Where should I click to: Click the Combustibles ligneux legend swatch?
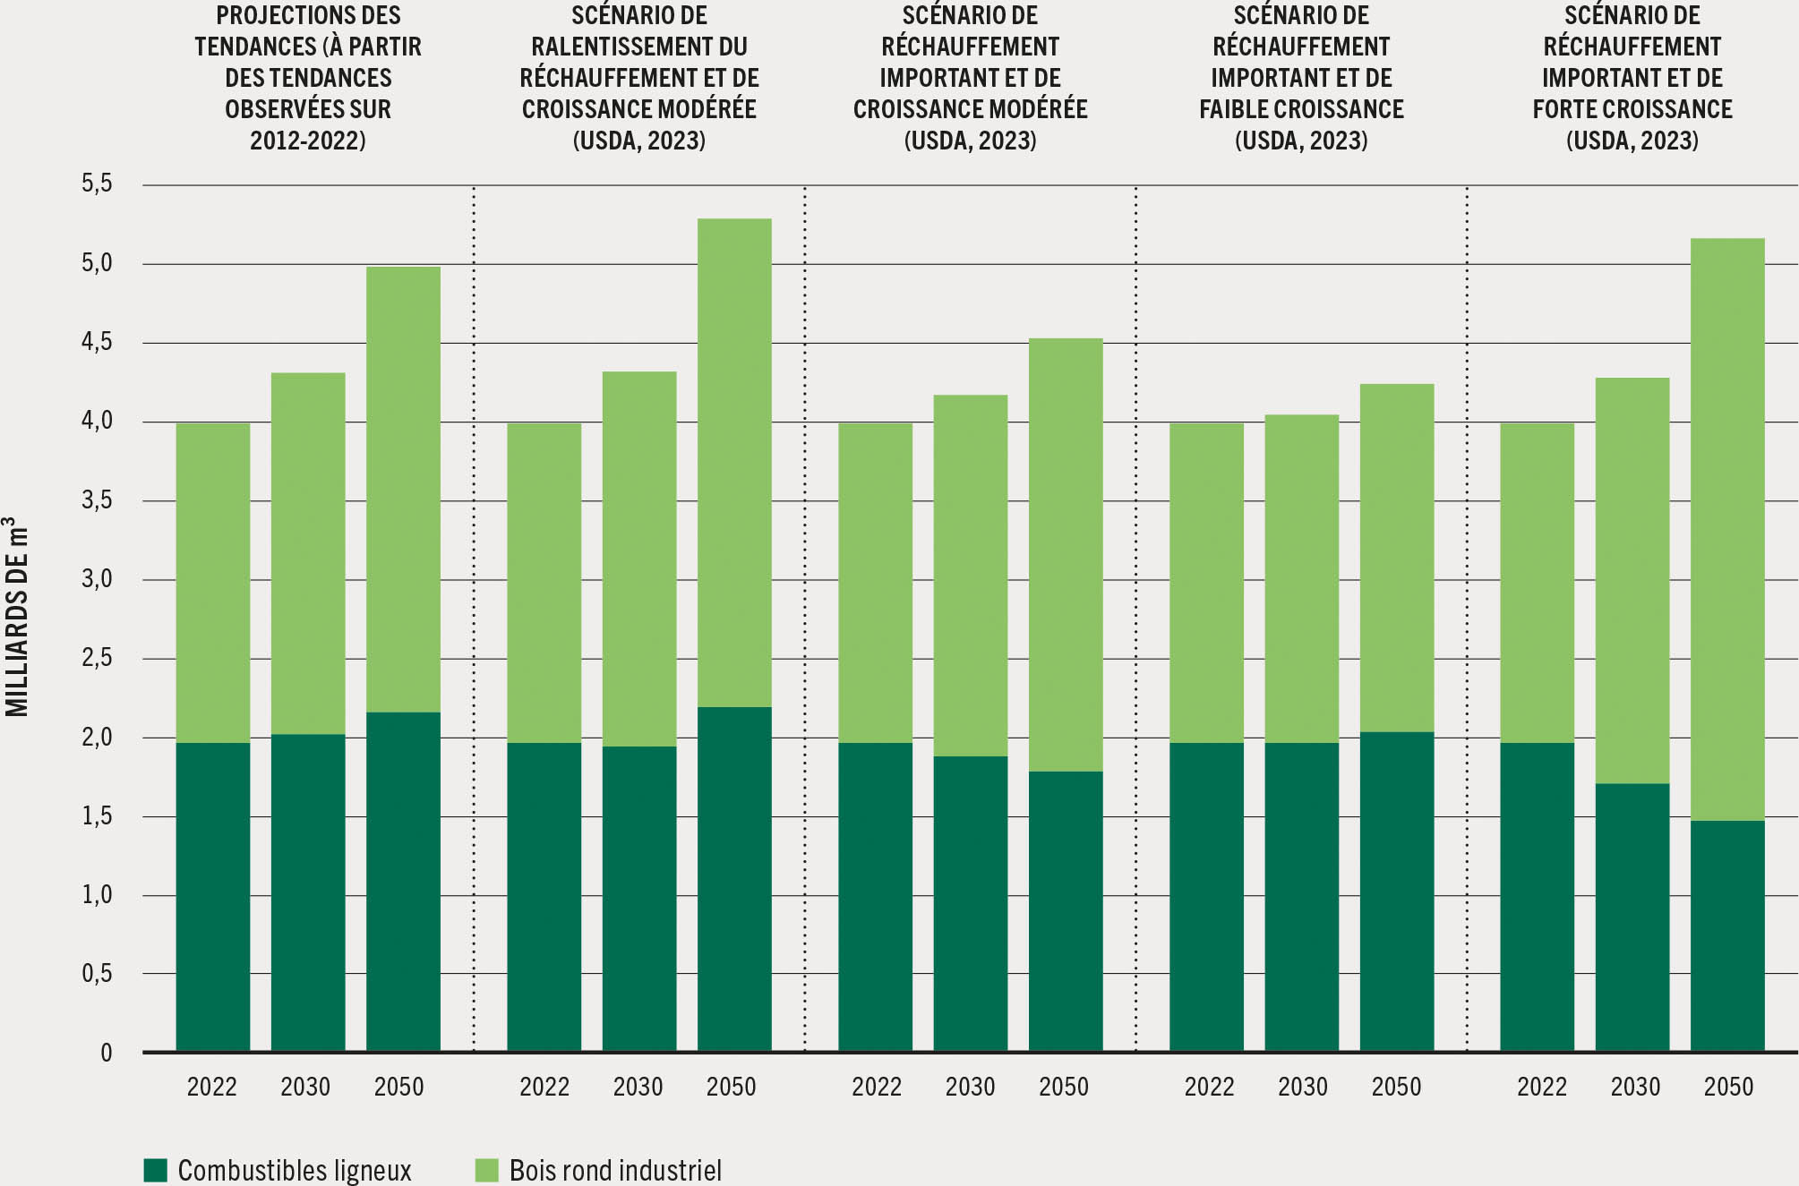click(156, 1170)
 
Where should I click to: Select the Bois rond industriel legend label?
click(615, 1170)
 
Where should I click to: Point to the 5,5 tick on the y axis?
click(98, 183)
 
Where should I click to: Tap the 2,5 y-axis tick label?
click(98, 658)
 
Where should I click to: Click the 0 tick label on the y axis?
click(107, 1053)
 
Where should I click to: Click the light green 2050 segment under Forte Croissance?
click(1726, 528)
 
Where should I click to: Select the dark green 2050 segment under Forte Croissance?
click(1726, 935)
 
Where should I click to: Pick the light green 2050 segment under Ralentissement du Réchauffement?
click(734, 462)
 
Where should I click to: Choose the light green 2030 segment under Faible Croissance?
click(1301, 578)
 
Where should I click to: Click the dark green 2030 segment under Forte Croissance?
click(1632, 917)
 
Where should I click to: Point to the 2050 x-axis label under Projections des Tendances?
click(398, 1087)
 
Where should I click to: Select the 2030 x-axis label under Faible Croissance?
click(1303, 1087)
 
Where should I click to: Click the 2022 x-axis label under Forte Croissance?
click(1542, 1087)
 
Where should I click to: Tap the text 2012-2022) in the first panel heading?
click(307, 141)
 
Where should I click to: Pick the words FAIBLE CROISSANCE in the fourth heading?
click(1301, 109)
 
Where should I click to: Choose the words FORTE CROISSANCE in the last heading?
click(1632, 109)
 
